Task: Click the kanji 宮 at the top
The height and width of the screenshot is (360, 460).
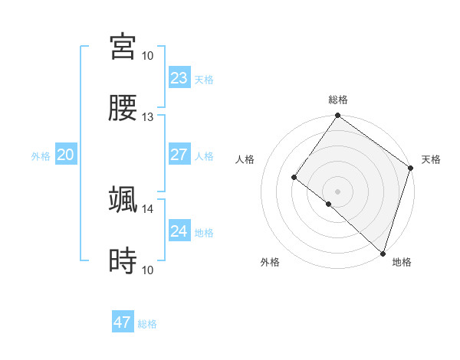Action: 123,47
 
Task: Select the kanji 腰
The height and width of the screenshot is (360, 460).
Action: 123,109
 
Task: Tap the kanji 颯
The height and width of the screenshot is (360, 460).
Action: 123,200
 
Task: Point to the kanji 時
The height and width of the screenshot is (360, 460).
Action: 123,262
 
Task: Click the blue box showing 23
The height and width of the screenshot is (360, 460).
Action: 179,78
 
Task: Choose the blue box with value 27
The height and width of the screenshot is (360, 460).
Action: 179,155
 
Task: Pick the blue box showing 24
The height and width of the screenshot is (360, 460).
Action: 179,231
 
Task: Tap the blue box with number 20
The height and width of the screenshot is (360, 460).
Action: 65,155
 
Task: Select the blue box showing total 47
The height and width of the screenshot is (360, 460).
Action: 123,322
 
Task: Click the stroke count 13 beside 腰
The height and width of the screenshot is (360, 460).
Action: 148,117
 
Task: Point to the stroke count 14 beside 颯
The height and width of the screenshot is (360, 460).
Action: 148,208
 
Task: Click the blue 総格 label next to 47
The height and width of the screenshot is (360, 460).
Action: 148,324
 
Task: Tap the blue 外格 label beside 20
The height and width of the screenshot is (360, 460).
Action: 41,156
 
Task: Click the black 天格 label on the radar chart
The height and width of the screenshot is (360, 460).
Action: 431,159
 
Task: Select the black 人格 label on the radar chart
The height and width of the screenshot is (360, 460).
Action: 245,159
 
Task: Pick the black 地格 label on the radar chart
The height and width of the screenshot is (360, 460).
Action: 402,262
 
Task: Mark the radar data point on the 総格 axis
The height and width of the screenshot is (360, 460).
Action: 337,116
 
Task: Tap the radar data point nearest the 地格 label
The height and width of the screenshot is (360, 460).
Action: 383,253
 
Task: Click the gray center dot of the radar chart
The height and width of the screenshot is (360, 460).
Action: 337,191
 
